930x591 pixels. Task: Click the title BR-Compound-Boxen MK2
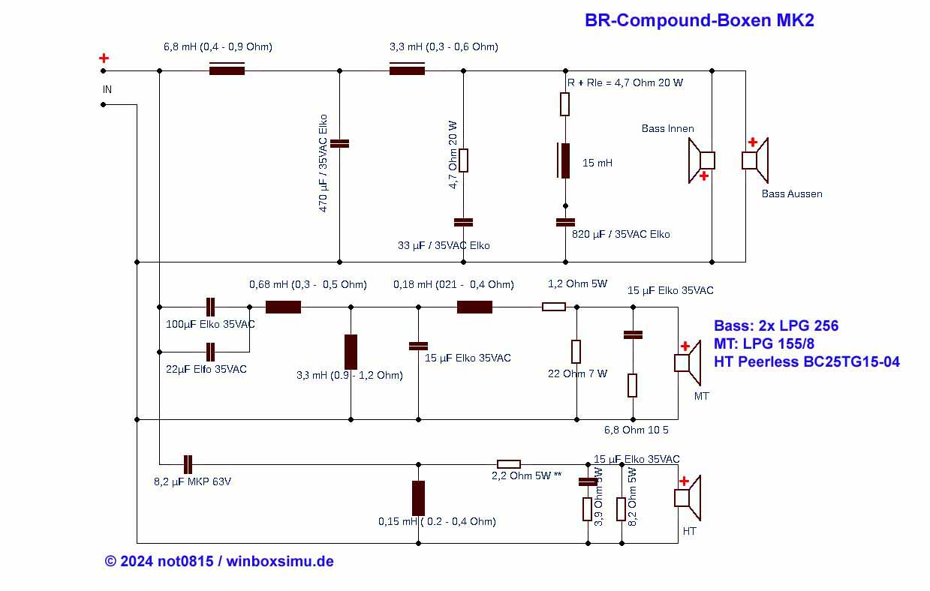pyautogui.click(x=699, y=20)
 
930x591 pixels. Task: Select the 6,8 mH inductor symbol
pyautogui.click(x=227, y=69)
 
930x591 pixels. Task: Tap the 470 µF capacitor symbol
pyautogui.click(x=339, y=143)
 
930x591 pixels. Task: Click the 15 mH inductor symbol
pyautogui.click(x=564, y=161)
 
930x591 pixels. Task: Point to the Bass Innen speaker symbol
pyautogui.click(x=702, y=160)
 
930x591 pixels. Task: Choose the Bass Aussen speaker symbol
pyautogui.click(x=755, y=160)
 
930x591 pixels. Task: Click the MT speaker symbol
pyautogui.click(x=688, y=363)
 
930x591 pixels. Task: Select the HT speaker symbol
pyautogui.click(x=688, y=498)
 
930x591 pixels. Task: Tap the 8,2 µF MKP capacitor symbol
pyautogui.click(x=188, y=464)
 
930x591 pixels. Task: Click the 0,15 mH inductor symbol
pyautogui.click(x=419, y=498)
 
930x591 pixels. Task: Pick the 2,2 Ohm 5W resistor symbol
pyautogui.click(x=509, y=464)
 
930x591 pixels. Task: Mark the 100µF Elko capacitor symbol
pyautogui.click(x=210, y=307)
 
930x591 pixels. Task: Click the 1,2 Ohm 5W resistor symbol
pyautogui.click(x=554, y=307)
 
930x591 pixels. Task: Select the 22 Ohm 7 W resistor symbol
pyautogui.click(x=576, y=352)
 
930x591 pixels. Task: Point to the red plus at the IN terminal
pyautogui.click(x=104, y=58)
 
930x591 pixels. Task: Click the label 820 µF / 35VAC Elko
pyautogui.click(x=621, y=234)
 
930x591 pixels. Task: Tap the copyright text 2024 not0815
pyautogui.click(x=167, y=561)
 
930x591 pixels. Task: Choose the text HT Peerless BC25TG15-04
pyautogui.click(x=807, y=361)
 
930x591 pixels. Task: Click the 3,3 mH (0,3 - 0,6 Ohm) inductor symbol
pyautogui.click(x=407, y=69)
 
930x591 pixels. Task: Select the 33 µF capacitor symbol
pyautogui.click(x=463, y=222)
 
